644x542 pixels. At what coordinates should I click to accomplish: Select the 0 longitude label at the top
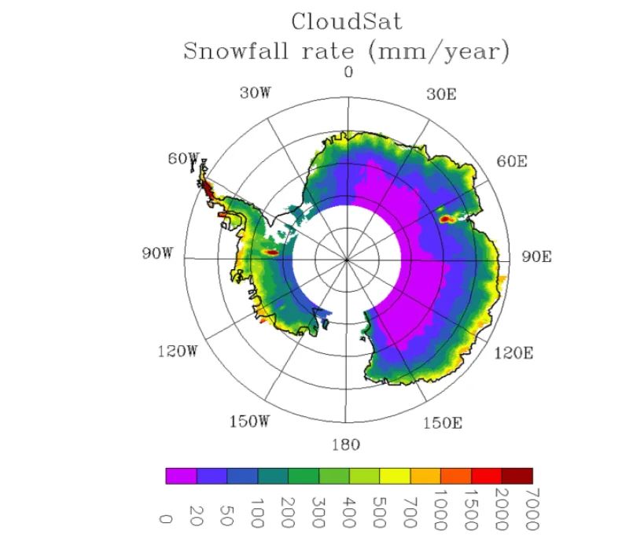348,72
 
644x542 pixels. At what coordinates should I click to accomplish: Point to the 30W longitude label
255,93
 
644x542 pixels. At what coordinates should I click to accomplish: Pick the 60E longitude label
510,161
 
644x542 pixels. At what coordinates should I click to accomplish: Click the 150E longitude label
442,422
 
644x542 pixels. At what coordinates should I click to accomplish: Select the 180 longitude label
346,445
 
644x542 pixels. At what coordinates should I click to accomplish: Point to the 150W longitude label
249,422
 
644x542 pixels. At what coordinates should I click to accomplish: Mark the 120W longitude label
177,351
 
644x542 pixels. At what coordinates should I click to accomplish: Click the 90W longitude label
157,253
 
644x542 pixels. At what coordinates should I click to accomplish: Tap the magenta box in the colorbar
181,476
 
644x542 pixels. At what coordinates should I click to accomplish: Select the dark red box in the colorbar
517,476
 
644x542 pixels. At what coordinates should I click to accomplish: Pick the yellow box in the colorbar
395,476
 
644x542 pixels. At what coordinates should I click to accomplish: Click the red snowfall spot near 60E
447,218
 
